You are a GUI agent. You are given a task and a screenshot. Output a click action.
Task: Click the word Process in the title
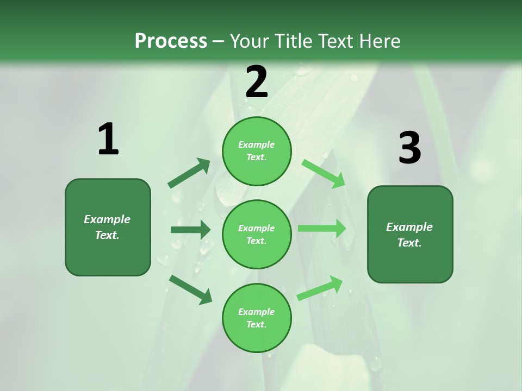tap(171, 41)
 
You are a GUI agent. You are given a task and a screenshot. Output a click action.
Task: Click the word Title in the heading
tap(293, 41)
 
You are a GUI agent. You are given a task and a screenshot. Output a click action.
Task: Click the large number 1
tap(108, 140)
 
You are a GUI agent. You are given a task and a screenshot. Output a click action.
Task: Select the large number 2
tap(257, 82)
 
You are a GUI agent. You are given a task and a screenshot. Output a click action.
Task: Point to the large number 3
tap(409, 148)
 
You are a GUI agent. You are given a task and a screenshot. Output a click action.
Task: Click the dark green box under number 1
tap(108, 227)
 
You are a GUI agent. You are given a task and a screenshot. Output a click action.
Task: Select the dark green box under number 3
tap(410, 235)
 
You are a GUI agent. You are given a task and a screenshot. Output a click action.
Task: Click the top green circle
tap(257, 151)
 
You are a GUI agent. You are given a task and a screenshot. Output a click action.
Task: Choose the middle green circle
tap(257, 234)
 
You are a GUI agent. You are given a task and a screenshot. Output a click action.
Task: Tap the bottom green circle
tap(257, 318)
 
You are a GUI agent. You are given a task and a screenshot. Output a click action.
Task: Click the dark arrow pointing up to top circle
tap(189, 173)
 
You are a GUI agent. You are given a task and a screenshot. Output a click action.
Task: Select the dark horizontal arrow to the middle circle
tap(190, 230)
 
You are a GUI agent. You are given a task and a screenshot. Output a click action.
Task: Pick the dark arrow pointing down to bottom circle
tap(190, 289)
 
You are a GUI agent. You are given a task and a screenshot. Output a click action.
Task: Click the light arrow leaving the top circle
tap(324, 173)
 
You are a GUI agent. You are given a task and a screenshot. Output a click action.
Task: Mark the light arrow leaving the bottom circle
tap(320, 288)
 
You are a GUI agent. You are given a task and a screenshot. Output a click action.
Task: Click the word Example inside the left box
tap(107, 219)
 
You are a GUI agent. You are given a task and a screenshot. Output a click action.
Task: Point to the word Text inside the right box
tap(409, 243)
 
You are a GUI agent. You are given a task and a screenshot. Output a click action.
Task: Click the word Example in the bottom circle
tap(256, 312)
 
